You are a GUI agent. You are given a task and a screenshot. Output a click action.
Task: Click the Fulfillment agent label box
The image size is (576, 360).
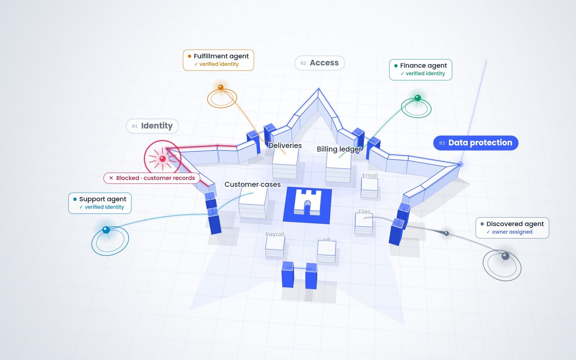(218, 60)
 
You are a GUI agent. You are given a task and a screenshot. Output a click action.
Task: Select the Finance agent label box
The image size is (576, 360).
(421, 70)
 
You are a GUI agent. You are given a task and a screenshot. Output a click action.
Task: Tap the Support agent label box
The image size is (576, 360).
(100, 203)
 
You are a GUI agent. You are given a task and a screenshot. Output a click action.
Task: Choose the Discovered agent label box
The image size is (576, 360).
(512, 228)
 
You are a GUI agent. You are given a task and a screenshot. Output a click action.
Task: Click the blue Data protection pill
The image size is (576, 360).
(476, 143)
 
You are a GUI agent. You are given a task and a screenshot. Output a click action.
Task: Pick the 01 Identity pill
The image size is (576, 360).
(152, 126)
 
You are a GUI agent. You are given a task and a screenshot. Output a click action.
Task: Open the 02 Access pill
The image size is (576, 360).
(319, 63)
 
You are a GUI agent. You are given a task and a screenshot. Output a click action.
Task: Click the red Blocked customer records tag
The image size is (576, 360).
(152, 178)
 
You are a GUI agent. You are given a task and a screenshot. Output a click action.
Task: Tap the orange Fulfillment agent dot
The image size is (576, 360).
(221, 87)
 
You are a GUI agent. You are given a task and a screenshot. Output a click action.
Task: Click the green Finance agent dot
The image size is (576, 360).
(418, 98)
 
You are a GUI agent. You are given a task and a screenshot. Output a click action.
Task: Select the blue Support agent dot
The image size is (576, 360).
(106, 230)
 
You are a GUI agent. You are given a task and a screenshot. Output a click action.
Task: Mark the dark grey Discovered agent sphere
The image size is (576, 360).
(505, 256)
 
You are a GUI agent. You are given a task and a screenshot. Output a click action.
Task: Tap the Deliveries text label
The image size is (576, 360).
(285, 145)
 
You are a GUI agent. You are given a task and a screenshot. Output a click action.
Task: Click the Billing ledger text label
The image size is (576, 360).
(339, 149)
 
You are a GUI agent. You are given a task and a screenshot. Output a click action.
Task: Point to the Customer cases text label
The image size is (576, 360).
(252, 184)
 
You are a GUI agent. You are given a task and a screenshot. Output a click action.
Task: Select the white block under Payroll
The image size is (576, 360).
(275, 246)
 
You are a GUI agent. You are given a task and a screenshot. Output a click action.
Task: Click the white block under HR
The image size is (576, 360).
(327, 252)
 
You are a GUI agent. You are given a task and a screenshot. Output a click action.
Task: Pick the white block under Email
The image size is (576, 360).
(369, 188)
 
